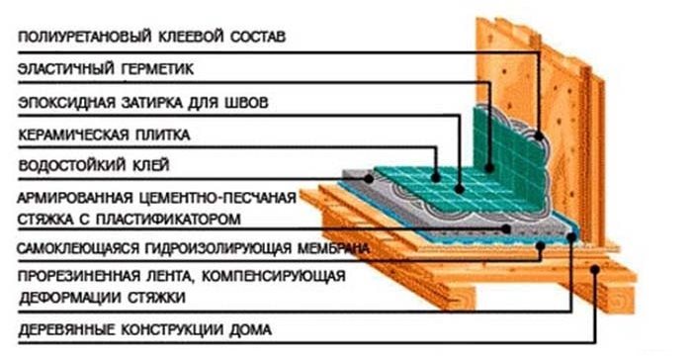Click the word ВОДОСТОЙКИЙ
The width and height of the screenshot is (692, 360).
[x=67, y=163]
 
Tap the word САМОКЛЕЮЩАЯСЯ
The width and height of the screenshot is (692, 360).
[x=74, y=247]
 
